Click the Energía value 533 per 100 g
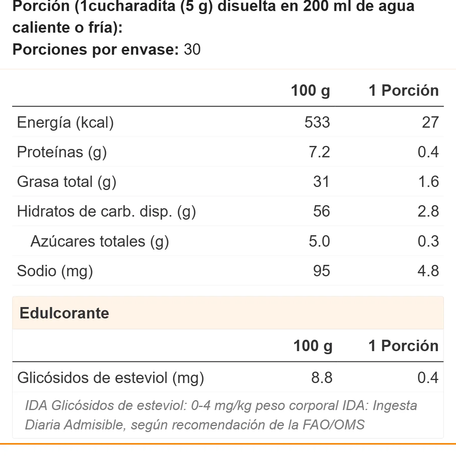pyautogui.click(x=317, y=122)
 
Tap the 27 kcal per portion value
pyautogui.click(x=431, y=122)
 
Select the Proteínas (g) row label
pyautogui.click(x=62, y=152)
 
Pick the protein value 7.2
pyautogui.click(x=319, y=152)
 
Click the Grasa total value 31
pyautogui.click(x=321, y=182)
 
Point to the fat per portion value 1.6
pyautogui.click(x=429, y=182)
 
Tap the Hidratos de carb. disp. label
pyautogui.click(x=106, y=211)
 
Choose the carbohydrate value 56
pyautogui.click(x=321, y=211)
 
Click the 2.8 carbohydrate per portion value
pyautogui.click(x=428, y=211)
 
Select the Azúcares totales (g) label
pyautogui.click(x=100, y=241)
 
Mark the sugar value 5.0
pyautogui.click(x=319, y=241)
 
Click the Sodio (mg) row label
pyautogui.click(x=55, y=271)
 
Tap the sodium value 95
pyautogui.click(x=321, y=271)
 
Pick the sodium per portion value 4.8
pyautogui.click(x=428, y=271)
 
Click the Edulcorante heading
pyautogui.click(x=64, y=313)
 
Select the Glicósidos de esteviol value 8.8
pyautogui.click(x=322, y=377)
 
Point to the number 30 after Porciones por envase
pyautogui.click(x=192, y=49)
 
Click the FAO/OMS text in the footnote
pyautogui.click(x=334, y=424)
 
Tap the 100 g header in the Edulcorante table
pyautogui.click(x=313, y=346)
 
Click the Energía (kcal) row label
pyautogui.click(x=65, y=123)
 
